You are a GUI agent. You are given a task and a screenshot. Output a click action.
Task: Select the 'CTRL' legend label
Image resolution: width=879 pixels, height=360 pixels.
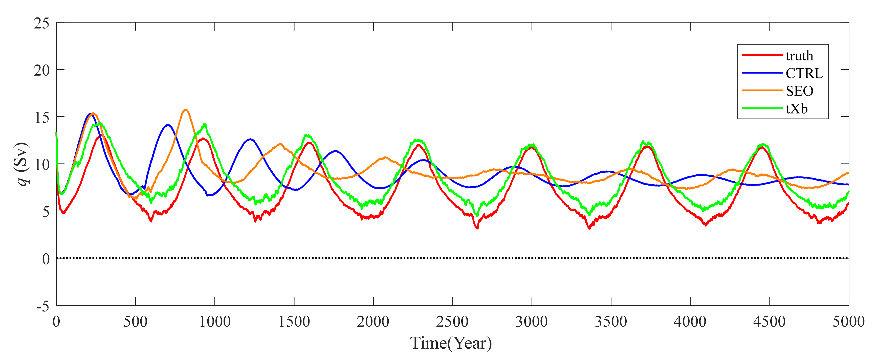pyautogui.click(x=804, y=73)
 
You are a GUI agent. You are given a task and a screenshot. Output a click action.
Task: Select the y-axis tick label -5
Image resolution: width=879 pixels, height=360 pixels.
pyautogui.click(x=43, y=306)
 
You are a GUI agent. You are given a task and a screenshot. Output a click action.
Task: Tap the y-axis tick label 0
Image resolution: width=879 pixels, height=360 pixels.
pyautogui.click(x=46, y=259)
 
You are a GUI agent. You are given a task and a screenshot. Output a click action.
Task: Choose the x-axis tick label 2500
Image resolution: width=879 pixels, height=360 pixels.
pyautogui.click(x=452, y=322)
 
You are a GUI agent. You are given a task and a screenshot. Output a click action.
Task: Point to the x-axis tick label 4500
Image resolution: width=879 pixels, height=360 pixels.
pyautogui.click(x=769, y=322)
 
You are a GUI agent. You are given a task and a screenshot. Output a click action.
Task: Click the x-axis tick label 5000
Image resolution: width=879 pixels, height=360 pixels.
pyautogui.click(x=848, y=322)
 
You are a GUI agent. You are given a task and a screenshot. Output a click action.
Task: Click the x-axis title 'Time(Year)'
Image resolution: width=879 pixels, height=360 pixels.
pyautogui.click(x=451, y=343)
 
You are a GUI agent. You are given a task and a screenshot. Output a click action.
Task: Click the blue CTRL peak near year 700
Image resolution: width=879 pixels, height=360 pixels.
pyautogui.click(x=168, y=125)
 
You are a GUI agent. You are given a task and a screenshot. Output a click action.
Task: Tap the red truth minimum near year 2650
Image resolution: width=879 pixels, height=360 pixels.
pyautogui.click(x=477, y=228)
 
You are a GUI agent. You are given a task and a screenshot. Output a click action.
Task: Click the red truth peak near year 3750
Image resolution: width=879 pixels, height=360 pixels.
pyautogui.click(x=647, y=147)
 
